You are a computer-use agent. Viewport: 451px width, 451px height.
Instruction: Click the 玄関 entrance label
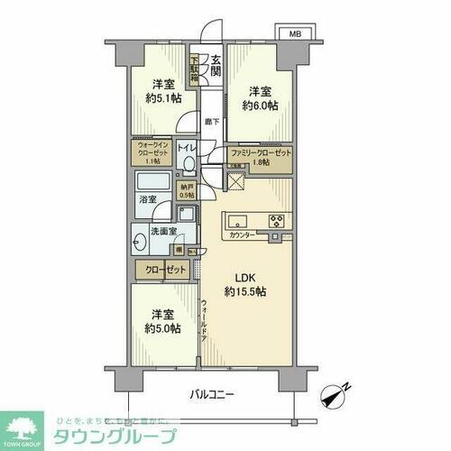(216, 68)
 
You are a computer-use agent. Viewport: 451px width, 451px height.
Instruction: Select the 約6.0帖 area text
(259, 105)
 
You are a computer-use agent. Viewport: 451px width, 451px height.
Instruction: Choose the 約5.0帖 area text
(162, 327)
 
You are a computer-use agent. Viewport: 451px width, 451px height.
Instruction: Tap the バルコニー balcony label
(212, 393)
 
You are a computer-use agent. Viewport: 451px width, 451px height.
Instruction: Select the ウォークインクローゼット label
(154, 150)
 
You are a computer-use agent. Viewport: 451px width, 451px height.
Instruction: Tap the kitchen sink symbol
(240, 219)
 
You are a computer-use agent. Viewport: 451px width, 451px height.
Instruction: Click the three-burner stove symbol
(276, 219)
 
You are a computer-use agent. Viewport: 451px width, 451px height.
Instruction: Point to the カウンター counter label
(243, 235)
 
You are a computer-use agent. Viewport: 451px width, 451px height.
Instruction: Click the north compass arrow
(339, 394)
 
